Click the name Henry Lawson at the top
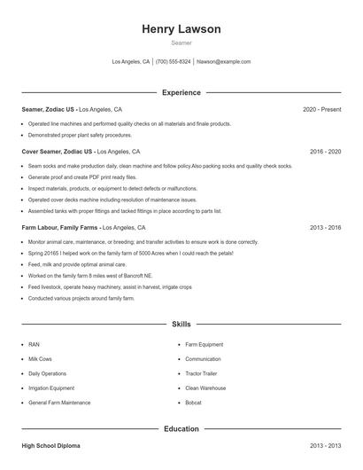181,29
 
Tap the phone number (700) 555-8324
173,62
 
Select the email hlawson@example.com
223,62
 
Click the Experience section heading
181,92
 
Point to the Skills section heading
181,325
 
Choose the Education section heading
181,429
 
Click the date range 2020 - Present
321,109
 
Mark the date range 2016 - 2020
325,152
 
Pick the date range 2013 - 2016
325,228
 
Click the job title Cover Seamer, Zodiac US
57,152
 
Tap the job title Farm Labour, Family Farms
61,228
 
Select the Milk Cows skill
41,359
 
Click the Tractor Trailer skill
201,373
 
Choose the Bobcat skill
194,403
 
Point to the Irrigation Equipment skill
51,388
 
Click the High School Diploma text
50,446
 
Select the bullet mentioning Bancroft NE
85,276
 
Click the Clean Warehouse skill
205,388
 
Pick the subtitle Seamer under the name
181,43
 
